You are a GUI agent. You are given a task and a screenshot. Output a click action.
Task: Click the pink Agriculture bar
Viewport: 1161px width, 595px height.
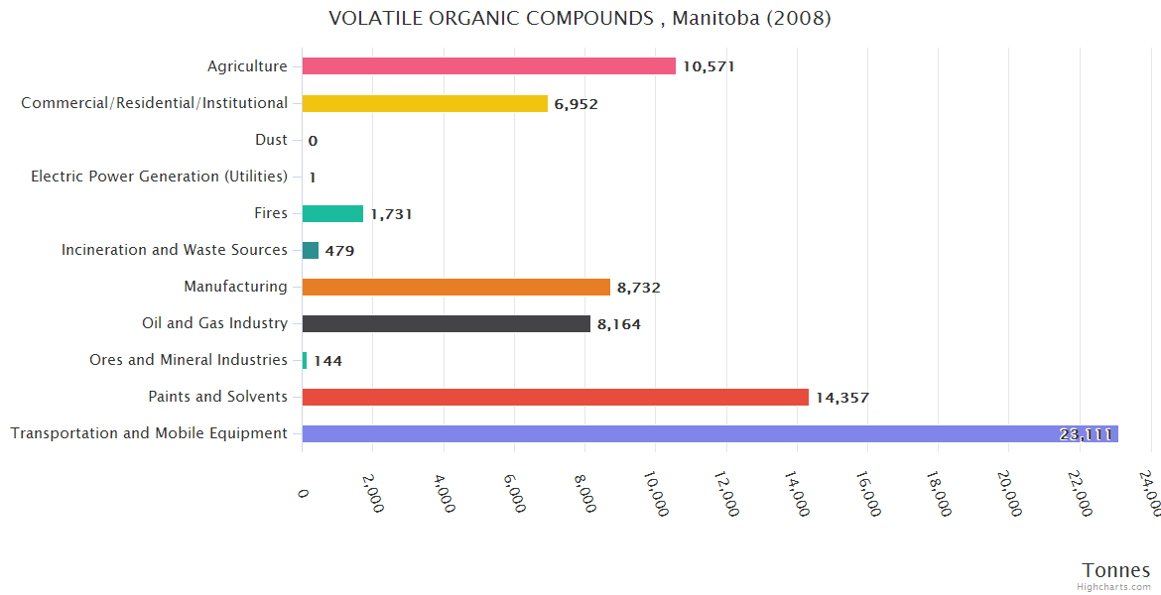tap(488, 66)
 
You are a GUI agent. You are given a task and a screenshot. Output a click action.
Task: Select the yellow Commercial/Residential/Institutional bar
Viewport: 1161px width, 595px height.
tap(425, 103)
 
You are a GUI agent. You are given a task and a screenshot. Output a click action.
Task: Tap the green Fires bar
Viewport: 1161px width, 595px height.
tap(332, 213)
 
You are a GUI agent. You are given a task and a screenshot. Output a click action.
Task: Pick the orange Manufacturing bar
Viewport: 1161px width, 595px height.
tap(455, 287)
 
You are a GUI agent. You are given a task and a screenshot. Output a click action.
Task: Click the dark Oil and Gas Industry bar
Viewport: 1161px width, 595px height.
tap(446, 323)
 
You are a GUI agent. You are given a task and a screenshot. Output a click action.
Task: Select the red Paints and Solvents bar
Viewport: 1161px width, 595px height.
tap(555, 397)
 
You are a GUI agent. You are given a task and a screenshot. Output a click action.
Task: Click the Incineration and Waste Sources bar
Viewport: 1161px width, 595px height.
tap(311, 250)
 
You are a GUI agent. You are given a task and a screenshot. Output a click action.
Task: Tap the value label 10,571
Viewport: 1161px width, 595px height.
tap(709, 67)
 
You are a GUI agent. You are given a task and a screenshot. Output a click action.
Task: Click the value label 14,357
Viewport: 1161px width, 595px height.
tap(841, 398)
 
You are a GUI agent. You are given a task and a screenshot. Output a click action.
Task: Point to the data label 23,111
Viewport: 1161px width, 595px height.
tap(1086, 434)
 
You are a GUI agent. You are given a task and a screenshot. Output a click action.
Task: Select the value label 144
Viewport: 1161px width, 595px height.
tap(327, 361)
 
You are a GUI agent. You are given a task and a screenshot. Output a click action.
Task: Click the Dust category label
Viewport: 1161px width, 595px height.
tap(271, 140)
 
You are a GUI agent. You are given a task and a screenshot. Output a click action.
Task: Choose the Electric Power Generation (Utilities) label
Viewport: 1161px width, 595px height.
tap(159, 177)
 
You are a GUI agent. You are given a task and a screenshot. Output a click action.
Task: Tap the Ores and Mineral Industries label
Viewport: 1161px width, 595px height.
tap(188, 360)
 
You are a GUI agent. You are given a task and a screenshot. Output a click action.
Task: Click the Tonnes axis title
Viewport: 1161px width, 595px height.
tap(1115, 569)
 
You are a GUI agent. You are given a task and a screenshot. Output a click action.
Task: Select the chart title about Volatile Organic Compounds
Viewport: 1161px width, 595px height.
tap(580, 19)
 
